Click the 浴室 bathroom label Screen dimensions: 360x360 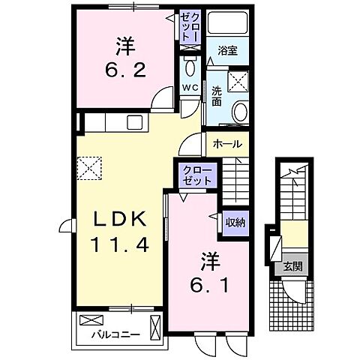tap(228, 52)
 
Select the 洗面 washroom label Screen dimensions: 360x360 tap(217, 95)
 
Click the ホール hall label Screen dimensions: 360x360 tap(228, 143)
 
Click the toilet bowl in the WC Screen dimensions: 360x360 tap(189, 68)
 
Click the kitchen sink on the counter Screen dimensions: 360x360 tap(135, 122)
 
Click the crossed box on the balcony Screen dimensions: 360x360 tap(156, 328)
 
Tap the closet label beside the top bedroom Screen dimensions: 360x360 tap(189, 26)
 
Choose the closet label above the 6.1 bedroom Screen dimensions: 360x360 tap(197, 175)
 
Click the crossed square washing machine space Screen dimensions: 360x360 tap(240, 81)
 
